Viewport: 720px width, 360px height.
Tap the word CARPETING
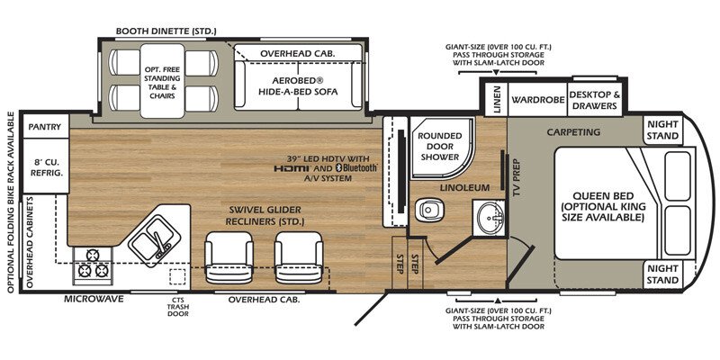point(573,132)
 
